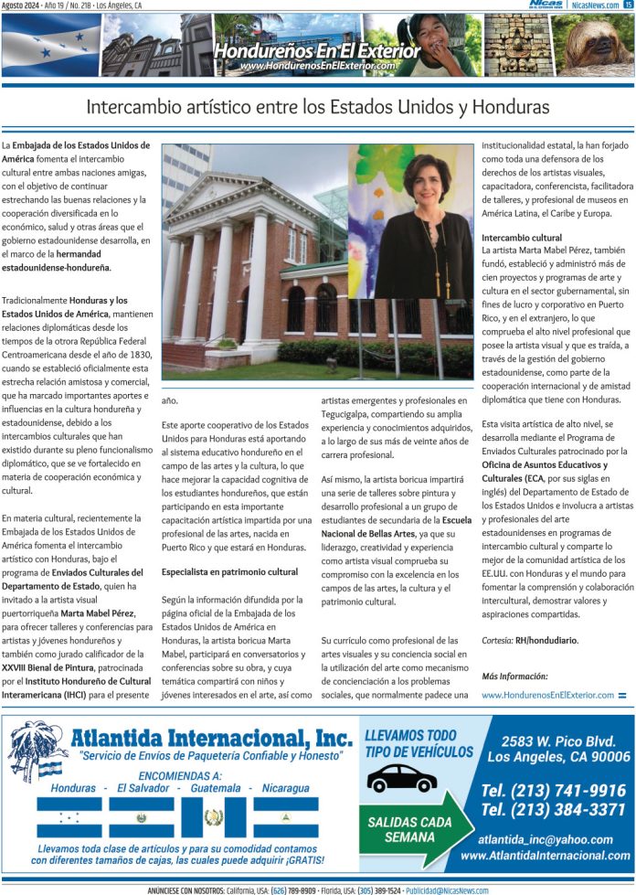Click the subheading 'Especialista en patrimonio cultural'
[x=229, y=571]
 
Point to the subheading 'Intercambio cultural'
[x=522, y=238]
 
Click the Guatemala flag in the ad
[x=213, y=817]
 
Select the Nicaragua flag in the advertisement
[x=285, y=817]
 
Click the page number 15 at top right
[x=628, y=5]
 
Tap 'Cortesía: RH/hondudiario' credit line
[x=530, y=641]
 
